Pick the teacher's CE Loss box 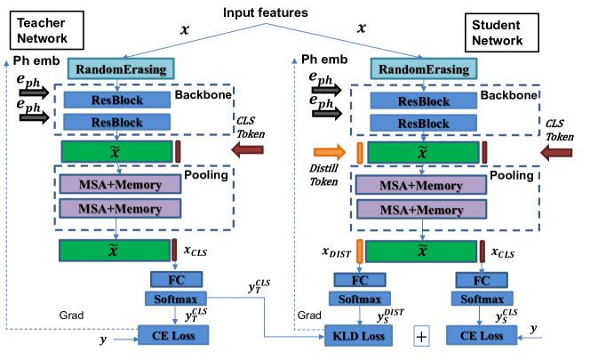173,335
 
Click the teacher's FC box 174,280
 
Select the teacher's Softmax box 174,299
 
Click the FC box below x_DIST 360,280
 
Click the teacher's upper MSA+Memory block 118,185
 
